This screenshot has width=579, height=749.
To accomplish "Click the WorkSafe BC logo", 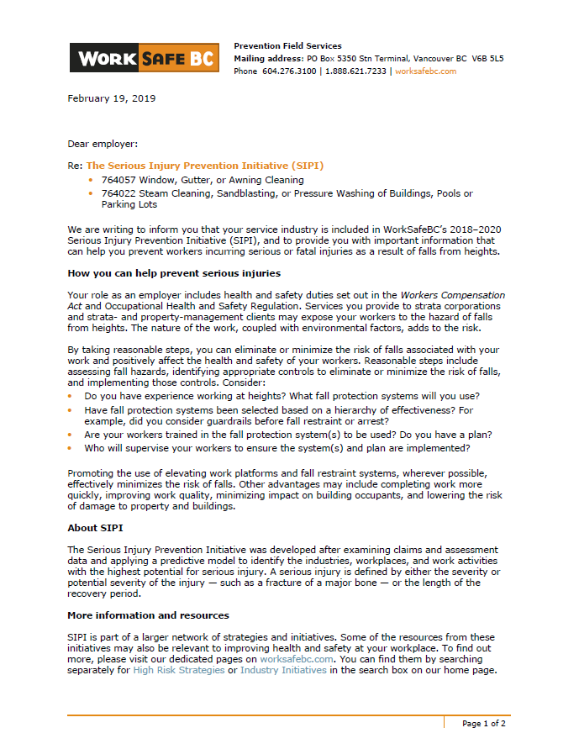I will point(144,58).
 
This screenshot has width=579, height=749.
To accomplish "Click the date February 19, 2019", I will point(111,98).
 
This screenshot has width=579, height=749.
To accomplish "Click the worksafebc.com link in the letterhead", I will point(425,71).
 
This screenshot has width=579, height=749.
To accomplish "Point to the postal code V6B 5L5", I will point(487,59).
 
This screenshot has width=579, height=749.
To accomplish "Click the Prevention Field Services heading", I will point(287,46).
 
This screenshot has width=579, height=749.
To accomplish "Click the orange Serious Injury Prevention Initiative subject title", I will point(204,166).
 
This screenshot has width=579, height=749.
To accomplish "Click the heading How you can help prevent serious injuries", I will point(174,273).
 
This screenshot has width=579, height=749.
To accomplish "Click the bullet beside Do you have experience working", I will point(71,396).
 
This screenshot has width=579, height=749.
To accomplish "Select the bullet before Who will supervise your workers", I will point(71,449).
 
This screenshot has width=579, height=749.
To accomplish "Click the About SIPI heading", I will point(94,528).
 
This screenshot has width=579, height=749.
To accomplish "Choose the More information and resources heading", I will point(148,615).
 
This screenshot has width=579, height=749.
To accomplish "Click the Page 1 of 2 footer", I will point(483,723).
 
